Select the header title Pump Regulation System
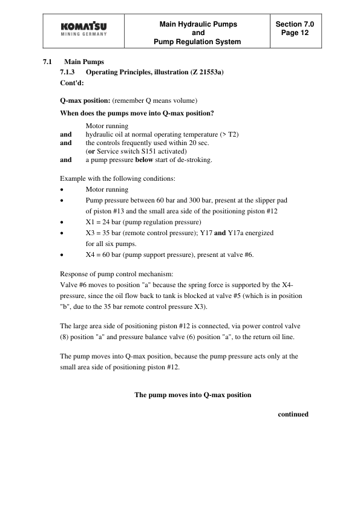[198, 42]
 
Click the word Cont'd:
[73, 83]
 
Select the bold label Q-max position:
[85, 99]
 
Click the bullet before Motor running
[62, 189]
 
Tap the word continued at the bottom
[293, 414]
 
